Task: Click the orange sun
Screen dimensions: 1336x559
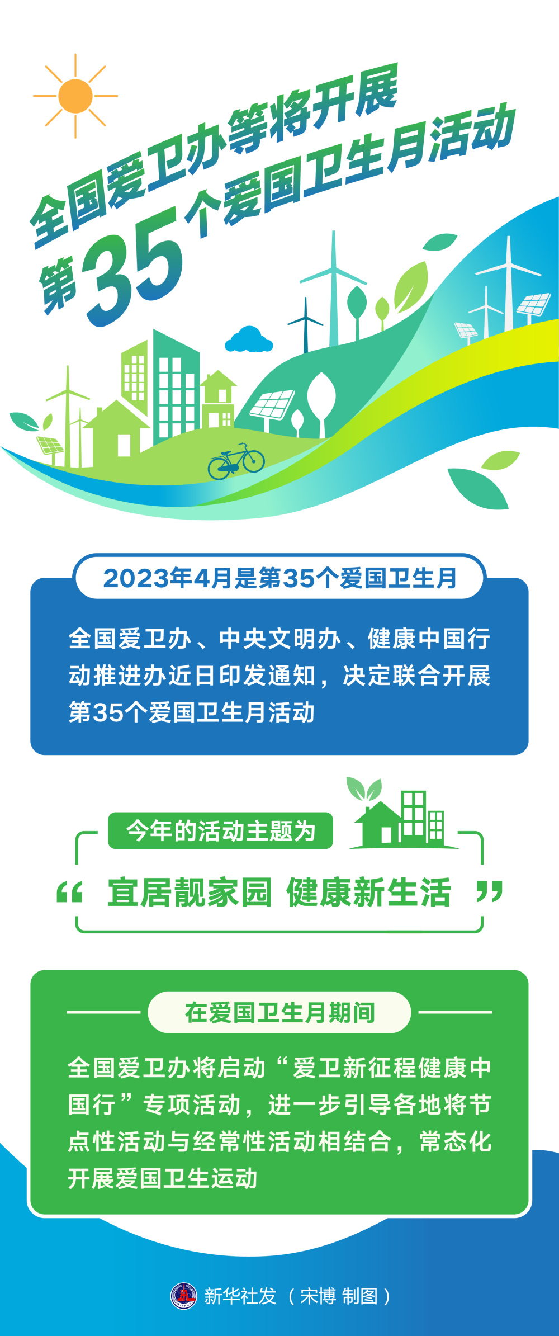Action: point(75,96)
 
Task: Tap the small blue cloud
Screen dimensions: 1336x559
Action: point(249,340)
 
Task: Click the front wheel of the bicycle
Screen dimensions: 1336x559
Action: point(254,461)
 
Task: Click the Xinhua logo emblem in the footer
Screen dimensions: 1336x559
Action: point(184,1295)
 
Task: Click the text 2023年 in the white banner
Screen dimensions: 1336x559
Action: point(137,578)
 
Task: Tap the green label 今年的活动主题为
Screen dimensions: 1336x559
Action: point(220,830)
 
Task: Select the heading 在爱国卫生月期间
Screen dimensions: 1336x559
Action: point(279,1012)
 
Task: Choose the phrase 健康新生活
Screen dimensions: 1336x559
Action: point(369,892)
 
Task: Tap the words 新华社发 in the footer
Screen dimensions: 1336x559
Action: point(240,1296)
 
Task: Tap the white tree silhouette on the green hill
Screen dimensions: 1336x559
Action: point(321,397)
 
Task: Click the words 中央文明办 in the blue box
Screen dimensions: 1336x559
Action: point(279,639)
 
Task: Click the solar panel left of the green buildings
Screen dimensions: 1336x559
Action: point(50,446)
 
